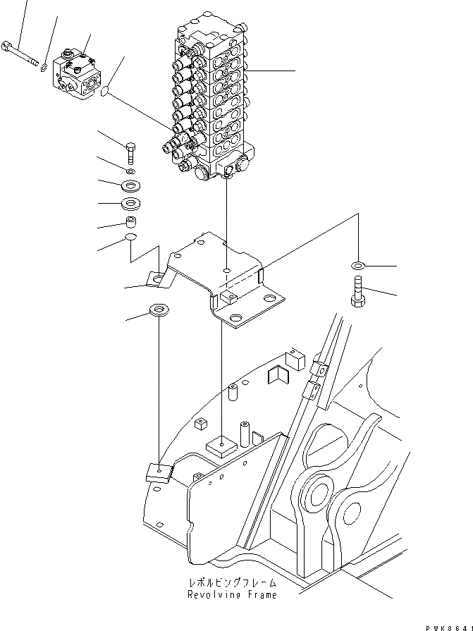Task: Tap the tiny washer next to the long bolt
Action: [43, 67]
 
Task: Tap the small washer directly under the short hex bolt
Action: [131, 171]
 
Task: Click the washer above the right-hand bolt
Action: [357, 265]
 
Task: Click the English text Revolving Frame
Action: [232, 595]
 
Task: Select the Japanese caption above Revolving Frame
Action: [232, 584]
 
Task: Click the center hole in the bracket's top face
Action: [225, 269]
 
